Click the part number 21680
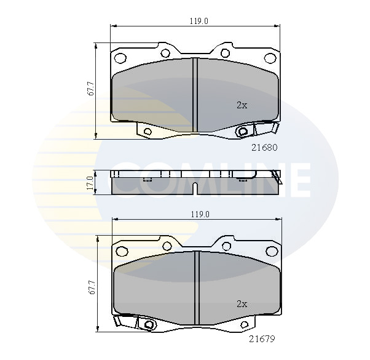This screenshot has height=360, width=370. point(264,148)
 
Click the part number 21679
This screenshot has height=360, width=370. point(262,339)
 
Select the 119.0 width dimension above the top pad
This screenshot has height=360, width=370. point(199,22)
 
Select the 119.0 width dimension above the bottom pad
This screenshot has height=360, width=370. point(200,215)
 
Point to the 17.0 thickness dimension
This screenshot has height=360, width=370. point(90,183)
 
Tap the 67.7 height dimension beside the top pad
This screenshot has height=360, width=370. point(91,89)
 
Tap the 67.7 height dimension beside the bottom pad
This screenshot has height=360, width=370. point(92,287)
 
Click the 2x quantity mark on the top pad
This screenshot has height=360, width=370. point(242,105)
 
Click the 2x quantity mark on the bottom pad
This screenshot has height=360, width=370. point(242,304)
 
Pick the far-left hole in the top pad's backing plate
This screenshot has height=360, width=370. point(120,58)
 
